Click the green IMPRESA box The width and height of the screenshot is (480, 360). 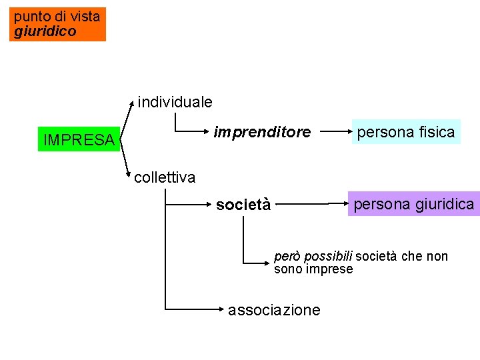[79, 139]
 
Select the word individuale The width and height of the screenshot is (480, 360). [175, 102]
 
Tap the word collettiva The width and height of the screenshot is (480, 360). [165, 177]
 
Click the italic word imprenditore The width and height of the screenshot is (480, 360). [262, 132]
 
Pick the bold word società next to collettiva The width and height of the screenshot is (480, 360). [243, 205]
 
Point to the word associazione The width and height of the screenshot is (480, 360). [274, 310]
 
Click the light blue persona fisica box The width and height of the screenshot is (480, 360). [406, 132]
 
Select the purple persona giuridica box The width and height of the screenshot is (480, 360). [413, 203]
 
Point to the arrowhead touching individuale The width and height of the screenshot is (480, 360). [133, 104]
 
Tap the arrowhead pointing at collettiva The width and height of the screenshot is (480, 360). [129, 175]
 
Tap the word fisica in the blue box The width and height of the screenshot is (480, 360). [437, 132]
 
